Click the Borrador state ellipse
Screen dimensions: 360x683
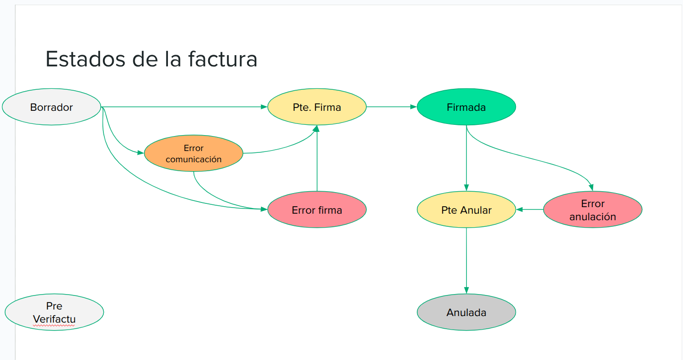pos(51,107)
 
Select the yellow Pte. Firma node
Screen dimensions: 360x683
pos(317,107)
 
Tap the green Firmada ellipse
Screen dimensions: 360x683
pos(466,107)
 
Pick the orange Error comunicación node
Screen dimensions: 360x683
pos(193,153)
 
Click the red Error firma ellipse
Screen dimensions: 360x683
pos(317,210)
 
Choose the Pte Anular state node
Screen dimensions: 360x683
pos(466,210)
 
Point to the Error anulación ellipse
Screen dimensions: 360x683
pos(592,210)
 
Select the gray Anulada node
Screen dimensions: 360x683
pos(466,312)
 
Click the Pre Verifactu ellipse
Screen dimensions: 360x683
pos(54,312)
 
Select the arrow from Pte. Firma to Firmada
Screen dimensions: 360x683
pos(391,107)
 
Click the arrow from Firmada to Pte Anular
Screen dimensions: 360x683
pos(466,159)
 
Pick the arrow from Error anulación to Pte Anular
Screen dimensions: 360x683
pos(530,209)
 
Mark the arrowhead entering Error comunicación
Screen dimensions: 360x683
pos(140,152)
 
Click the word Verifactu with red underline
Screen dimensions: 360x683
pos(54,319)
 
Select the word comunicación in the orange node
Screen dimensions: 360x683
pos(193,159)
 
